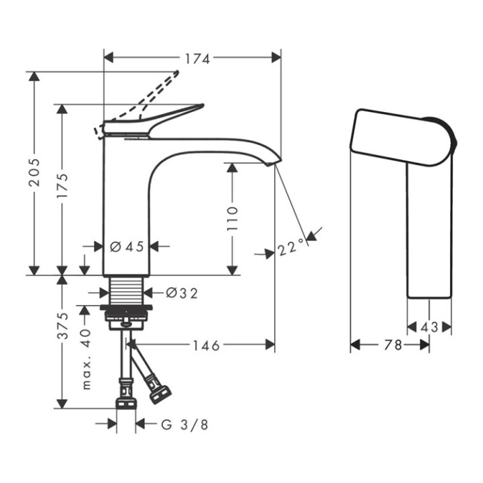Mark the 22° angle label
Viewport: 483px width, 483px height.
click(290, 250)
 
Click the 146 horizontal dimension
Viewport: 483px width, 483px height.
click(202, 345)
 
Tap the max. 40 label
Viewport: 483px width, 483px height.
click(86, 360)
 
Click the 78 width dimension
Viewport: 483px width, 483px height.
click(394, 345)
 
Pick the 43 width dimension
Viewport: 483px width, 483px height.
click(430, 327)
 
